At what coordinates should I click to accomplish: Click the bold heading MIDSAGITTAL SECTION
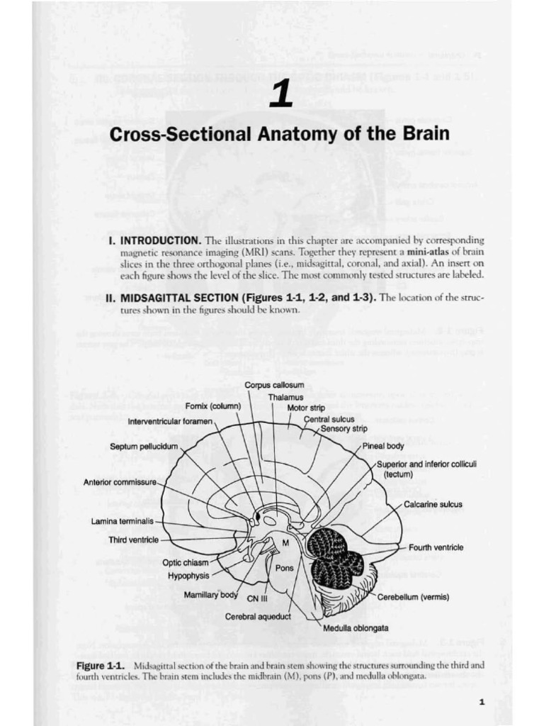tap(180, 298)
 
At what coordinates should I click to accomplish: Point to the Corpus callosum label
tap(264, 385)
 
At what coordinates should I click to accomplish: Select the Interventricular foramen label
tap(170, 421)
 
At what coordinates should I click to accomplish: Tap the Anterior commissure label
tap(119, 483)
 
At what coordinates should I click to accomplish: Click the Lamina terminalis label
tap(122, 521)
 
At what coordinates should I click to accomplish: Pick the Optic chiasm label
tap(186, 562)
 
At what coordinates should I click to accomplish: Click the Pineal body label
tap(383, 447)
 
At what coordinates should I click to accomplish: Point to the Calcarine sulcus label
tap(433, 505)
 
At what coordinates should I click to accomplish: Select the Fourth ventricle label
tap(436, 547)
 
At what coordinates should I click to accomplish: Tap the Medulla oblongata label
tap(356, 628)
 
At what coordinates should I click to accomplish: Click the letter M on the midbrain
tap(286, 543)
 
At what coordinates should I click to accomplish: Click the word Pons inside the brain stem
tap(284, 567)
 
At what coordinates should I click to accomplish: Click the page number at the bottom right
tap(482, 702)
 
